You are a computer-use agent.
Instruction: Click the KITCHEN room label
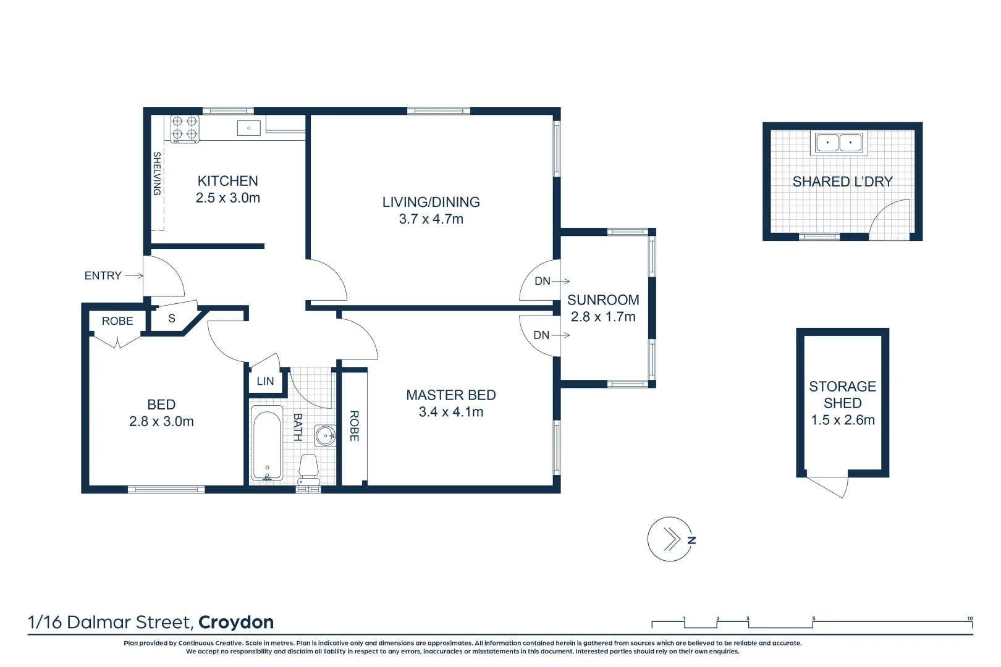click(x=227, y=181)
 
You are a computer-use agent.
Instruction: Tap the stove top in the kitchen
click(x=185, y=128)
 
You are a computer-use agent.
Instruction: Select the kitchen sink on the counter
click(x=248, y=128)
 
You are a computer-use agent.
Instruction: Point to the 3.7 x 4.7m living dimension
click(x=431, y=219)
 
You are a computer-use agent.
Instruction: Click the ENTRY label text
click(x=103, y=276)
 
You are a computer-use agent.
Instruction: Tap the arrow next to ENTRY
click(x=133, y=276)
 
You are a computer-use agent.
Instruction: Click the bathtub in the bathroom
click(x=267, y=445)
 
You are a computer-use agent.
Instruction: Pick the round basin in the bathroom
click(x=325, y=435)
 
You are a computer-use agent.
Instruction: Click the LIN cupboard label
click(x=265, y=382)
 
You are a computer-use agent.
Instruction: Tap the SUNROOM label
click(x=603, y=300)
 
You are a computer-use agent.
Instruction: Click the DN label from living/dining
click(x=543, y=282)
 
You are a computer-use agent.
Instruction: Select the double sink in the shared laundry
click(x=838, y=143)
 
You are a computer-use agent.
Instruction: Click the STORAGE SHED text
click(x=842, y=395)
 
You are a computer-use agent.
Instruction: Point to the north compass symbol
click(x=671, y=539)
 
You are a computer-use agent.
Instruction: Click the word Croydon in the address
click(x=236, y=623)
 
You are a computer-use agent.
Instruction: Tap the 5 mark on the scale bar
click(x=813, y=619)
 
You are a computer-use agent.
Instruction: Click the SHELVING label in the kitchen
click(x=157, y=174)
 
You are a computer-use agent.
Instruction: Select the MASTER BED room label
click(x=450, y=395)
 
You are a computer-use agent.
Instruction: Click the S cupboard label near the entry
click(x=172, y=319)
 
